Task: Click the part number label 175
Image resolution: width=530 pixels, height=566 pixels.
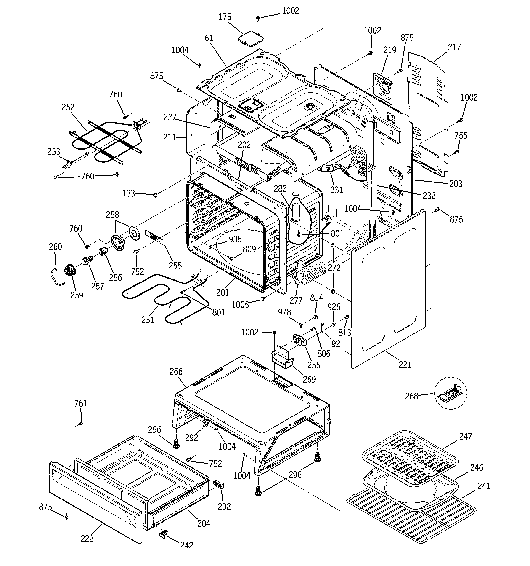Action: [225, 17]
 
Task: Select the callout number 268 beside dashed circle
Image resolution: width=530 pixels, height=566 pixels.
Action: [412, 396]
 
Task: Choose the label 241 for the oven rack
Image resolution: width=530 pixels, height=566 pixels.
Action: [484, 486]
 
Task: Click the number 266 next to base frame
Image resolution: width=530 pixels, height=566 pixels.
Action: [176, 371]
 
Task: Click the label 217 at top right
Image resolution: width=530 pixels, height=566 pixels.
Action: [454, 47]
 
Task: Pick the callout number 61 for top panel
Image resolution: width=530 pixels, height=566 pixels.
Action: [209, 38]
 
